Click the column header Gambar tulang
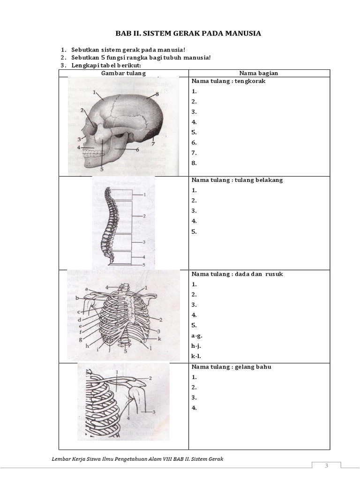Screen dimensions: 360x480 point(124,73)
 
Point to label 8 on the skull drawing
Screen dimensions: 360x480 point(157,94)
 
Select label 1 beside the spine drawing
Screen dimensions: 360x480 point(145,194)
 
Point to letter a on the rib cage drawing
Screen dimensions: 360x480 point(87,289)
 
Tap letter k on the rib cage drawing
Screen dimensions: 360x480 point(159,338)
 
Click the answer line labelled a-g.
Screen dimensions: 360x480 point(197,336)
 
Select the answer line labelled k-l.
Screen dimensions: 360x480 point(196,356)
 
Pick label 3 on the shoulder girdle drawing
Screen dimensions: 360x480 point(153,411)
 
